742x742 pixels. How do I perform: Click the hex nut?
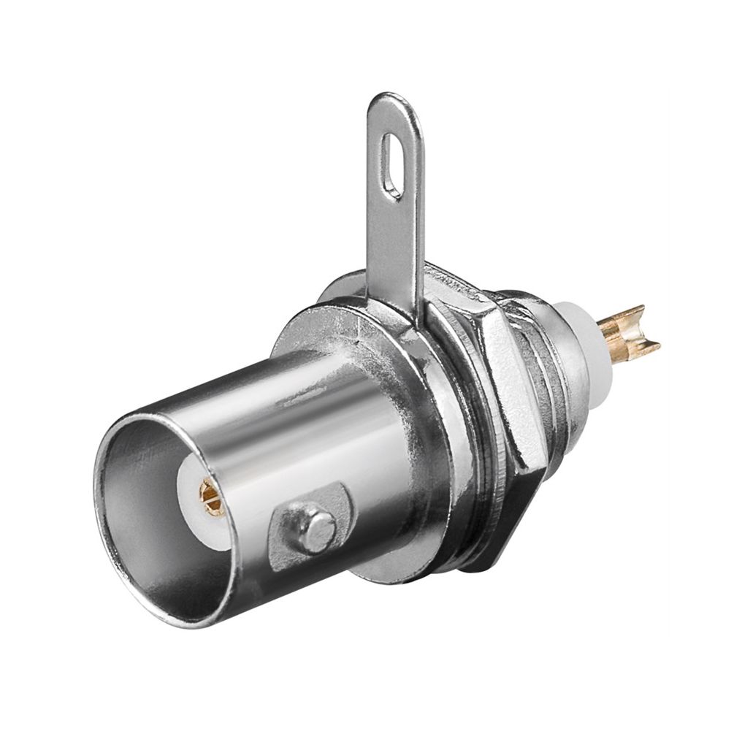pos(504,380)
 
